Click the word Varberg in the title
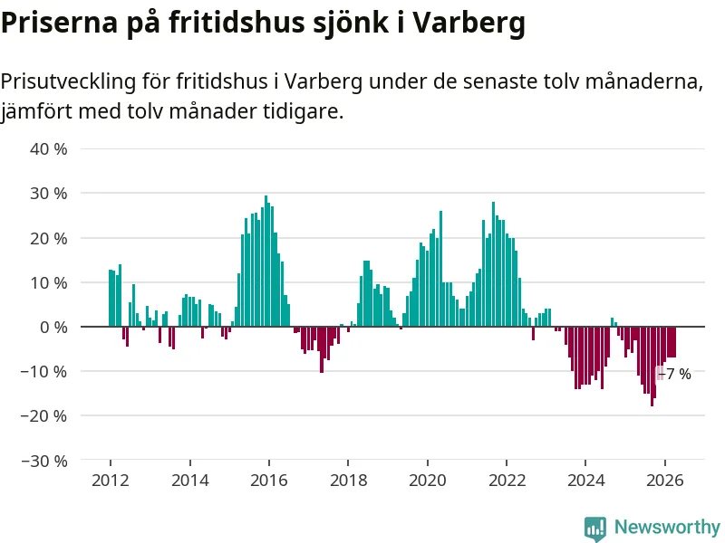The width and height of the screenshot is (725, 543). coord(469,22)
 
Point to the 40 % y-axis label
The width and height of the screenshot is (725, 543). coord(49,149)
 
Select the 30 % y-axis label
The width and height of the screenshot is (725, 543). coord(49,194)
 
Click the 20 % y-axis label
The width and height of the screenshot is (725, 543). coord(49,239)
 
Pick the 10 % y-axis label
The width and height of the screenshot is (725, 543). coord(49,283)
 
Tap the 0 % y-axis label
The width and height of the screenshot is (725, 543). coord(53,328)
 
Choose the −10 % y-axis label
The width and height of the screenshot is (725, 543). coord(43,372)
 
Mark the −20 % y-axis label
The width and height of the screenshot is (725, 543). coord(43,416)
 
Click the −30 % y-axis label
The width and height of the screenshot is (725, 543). coord(43,461)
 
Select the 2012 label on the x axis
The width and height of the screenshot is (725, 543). coord(111,481)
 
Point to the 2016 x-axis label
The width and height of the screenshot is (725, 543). coord(269,481)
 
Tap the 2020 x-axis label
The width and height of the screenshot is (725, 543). coord(428,481)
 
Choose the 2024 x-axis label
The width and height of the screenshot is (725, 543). coord(585,481)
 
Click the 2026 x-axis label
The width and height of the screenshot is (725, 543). coord(665,481)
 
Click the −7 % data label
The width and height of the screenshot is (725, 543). coord(675,374)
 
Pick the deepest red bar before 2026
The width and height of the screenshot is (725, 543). coord(652,367)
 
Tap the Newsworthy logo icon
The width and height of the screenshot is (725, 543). coord(595,529)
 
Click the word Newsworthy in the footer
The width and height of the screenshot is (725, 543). coord(667,527)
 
